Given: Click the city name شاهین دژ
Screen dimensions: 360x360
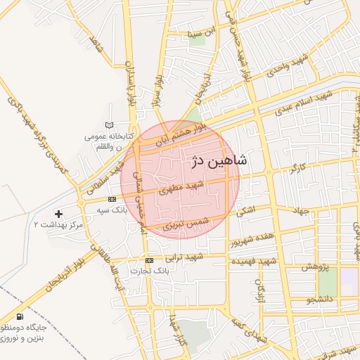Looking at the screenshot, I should (x=218, y=161).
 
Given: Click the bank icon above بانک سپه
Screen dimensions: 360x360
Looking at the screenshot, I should (x=112, y=200).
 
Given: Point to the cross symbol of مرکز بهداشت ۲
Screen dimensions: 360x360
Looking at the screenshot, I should (x=58, y=213).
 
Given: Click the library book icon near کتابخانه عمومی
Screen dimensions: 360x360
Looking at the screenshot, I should (x=107, y=125).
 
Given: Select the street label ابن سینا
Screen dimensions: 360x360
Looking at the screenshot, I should (x=198, y=32).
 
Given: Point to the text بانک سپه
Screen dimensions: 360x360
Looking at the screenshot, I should (x=112, y=210).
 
